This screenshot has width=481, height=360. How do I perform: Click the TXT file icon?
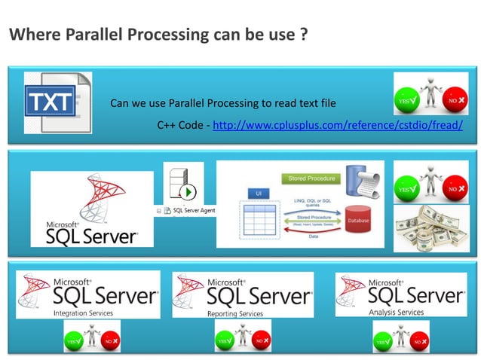57,103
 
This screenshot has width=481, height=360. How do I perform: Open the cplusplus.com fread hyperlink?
338,125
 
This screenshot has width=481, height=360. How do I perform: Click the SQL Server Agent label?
194,210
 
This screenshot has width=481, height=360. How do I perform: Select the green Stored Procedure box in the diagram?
308,178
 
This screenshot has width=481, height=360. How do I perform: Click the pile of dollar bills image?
430,228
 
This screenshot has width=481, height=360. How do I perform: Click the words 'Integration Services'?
83,313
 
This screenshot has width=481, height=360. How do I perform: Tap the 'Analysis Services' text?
397,312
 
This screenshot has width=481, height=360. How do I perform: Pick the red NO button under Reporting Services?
262,341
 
